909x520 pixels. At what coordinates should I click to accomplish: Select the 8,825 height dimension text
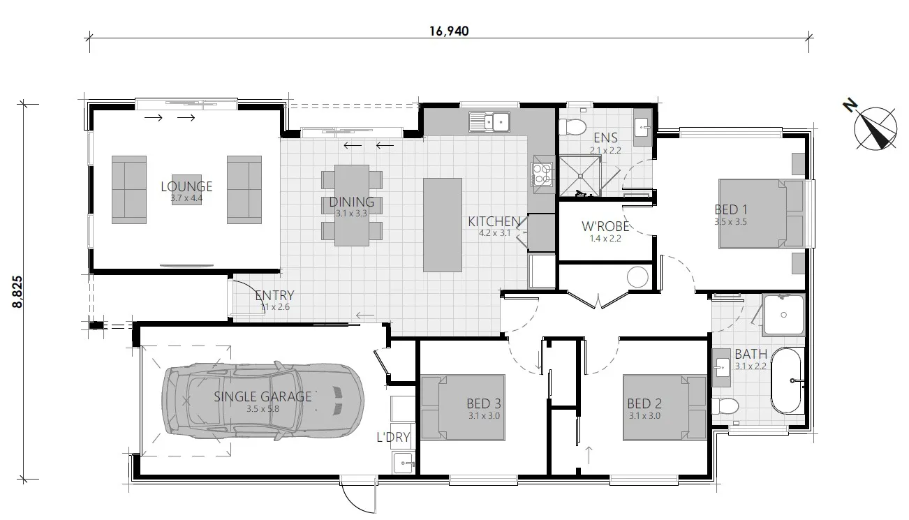(19, 292)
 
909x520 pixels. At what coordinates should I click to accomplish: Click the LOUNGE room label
(186, 186)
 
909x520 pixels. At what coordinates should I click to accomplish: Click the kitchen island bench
(442, 225)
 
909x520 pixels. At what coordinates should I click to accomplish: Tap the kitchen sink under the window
(491, 122)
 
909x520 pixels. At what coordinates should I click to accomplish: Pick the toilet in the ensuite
(573, 127)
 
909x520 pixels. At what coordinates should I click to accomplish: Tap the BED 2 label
(644, 403)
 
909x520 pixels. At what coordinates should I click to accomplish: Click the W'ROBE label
(605, 227)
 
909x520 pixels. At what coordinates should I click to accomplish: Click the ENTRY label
(274, 295)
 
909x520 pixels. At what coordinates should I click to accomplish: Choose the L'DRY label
(392, 438)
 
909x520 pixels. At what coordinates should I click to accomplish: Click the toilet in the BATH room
(725, 406)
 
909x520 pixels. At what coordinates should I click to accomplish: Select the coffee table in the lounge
(186, 189)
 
